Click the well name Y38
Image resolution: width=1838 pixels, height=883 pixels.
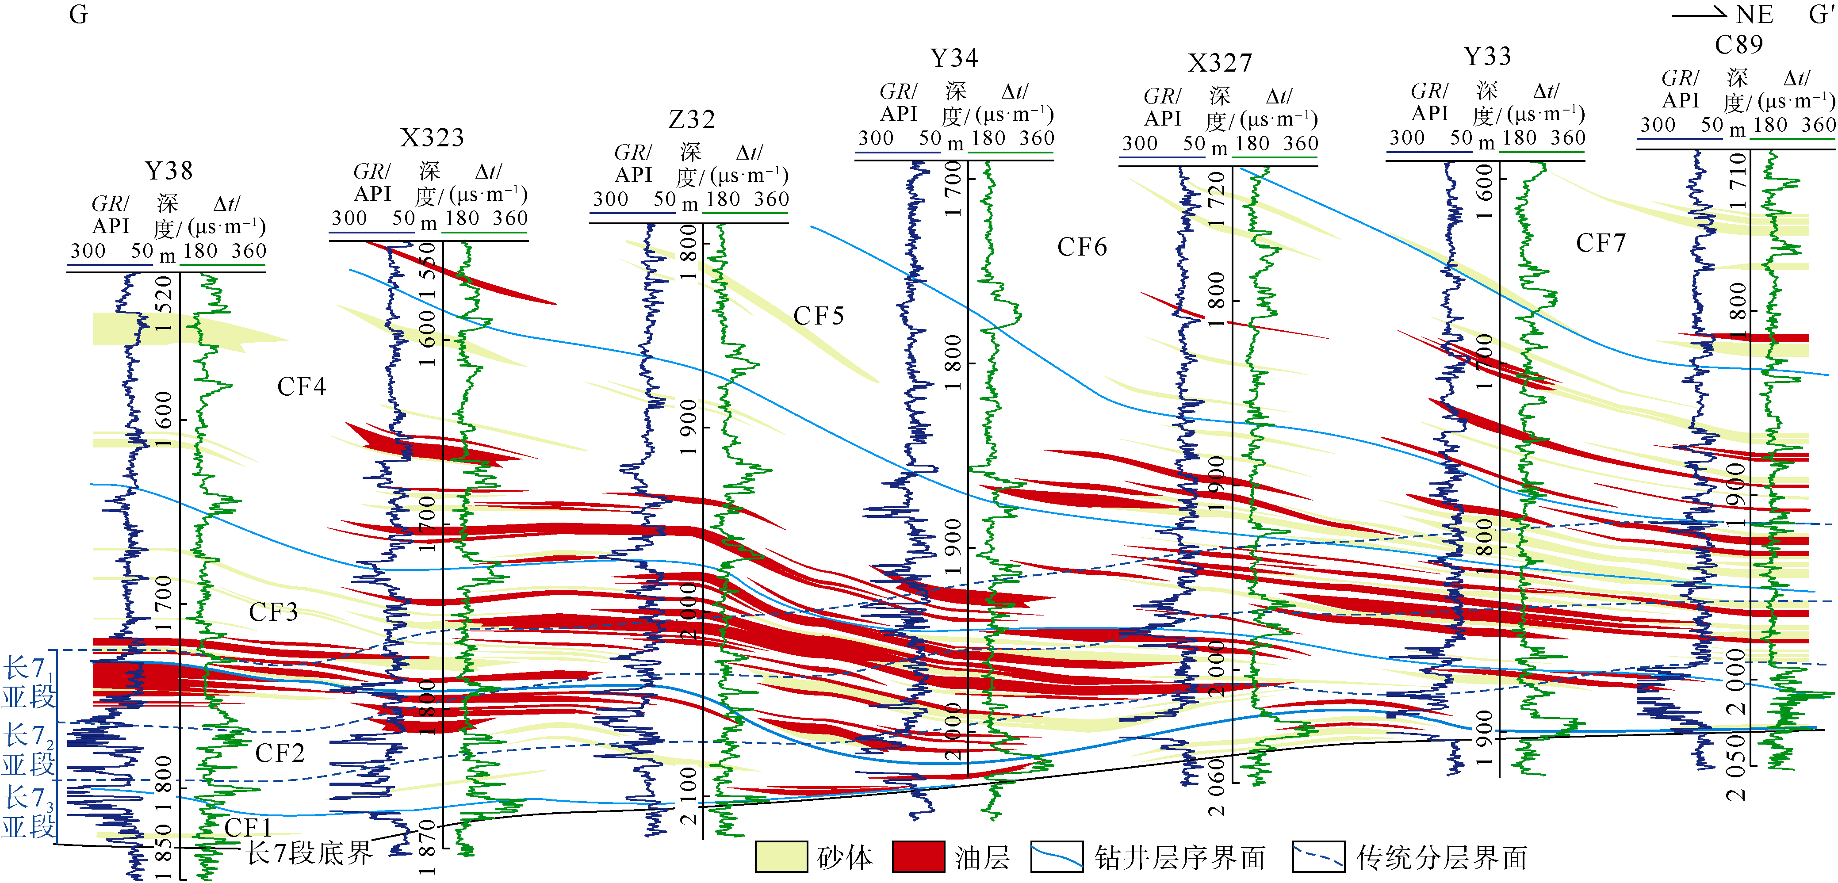click(x=169, y=171)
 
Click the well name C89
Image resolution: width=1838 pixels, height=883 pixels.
click(x=1739, y=45)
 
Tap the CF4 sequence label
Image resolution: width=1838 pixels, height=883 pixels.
click(x=301, y=386)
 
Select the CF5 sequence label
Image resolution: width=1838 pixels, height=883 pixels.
click(x=819, y=316)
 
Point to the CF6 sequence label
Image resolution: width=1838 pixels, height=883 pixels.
click(x=1082, y=247)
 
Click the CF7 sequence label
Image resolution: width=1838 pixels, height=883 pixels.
click(x=1601, y=243)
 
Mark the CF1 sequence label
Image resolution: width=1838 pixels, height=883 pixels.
click(x=248, y=827)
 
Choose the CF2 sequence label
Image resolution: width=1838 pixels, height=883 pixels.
click(x=280, y=753)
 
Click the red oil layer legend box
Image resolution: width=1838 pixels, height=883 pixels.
click(x=918, y=856)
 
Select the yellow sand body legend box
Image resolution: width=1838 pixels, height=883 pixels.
click(x=781, y=856)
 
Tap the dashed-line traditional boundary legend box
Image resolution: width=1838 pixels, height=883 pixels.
click(x=1318, y=856)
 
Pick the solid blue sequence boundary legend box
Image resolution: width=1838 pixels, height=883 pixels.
click(x=1057, y=856)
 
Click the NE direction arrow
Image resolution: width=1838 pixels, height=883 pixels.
click(x=1698, y=14)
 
